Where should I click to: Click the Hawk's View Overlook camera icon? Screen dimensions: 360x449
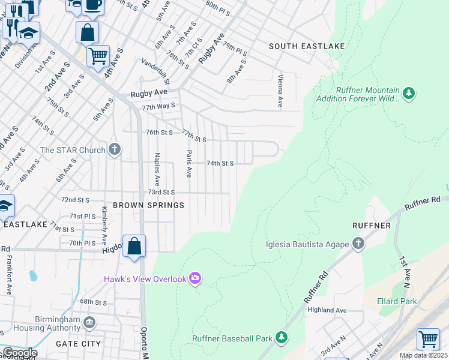point(194,278)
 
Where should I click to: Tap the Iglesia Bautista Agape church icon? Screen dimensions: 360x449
point(358,244)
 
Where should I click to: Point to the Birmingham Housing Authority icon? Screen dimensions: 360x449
point(89,323)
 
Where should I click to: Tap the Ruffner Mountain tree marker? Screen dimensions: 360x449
point(409,93)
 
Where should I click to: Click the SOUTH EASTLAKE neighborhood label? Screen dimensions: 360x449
point(300,46)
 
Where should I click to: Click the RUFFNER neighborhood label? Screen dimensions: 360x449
point(372,226)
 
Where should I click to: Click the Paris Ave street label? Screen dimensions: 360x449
point(188,163)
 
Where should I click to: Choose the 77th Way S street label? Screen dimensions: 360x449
point(158,106)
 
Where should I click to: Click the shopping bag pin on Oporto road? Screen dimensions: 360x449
point(134,247)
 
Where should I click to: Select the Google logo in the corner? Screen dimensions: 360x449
point(19,353)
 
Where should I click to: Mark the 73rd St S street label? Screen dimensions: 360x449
point(161,192)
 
